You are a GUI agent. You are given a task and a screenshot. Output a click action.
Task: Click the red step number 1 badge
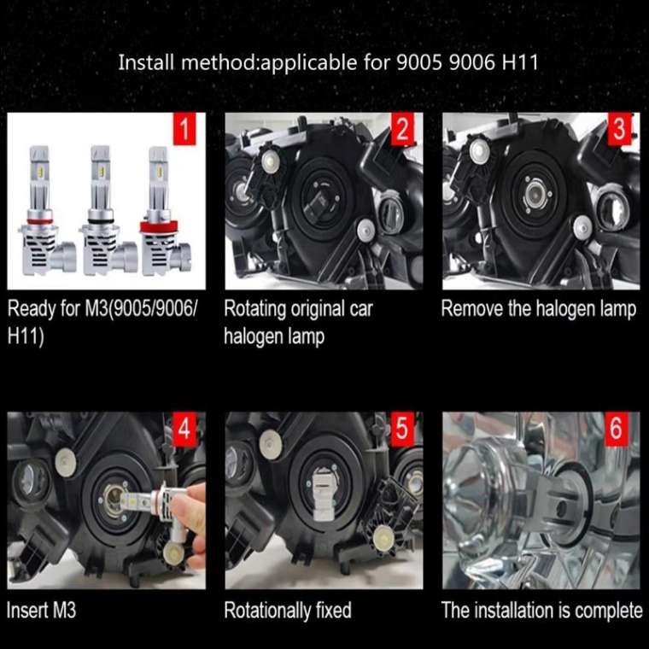point(184,130)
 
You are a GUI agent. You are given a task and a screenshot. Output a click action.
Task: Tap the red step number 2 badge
point(401,130)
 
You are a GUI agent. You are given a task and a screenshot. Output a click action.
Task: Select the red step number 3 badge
point(620,130)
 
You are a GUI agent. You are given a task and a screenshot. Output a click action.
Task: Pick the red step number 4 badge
point(184,429)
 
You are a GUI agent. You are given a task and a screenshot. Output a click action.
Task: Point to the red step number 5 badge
point(401,429)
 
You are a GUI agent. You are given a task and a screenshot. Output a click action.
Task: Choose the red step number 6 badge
point(617,429)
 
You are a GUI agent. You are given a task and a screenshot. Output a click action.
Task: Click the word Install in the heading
point(143,62)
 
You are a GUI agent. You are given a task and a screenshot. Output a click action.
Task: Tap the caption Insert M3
point(41,610)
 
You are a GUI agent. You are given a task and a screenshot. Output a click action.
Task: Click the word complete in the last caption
point(608,610)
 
